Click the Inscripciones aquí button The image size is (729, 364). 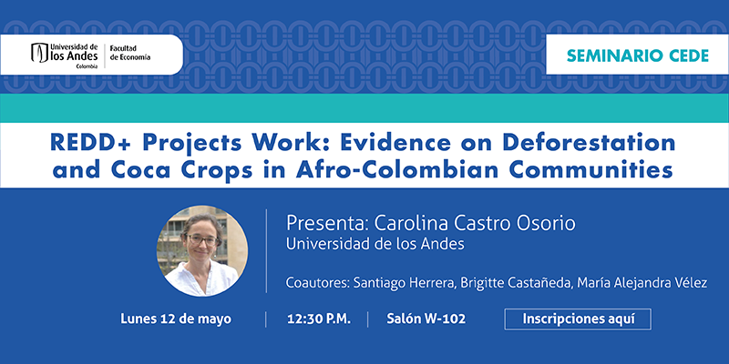pos(578,319)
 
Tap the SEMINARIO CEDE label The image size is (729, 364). pos(637,56)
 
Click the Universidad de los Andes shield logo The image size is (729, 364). pos(39,53)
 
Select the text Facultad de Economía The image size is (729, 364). pos(129,53)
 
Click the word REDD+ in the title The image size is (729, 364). pos(87,143)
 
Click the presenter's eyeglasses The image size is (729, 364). pos(201,239)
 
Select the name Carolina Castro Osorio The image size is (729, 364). pos(475,223)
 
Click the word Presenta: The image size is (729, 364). pos(327,223)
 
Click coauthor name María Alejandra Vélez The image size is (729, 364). pos(642,283)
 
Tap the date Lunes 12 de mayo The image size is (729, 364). pos(176,319)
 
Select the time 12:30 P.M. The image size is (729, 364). pos(318,319)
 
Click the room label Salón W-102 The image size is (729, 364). pos(426,319)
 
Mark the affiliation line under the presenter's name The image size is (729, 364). pos(375,244)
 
